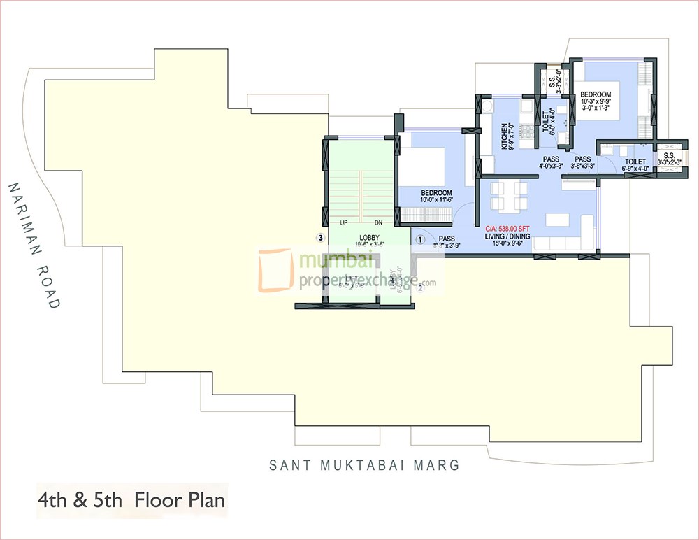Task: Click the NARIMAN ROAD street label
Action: (34, 246)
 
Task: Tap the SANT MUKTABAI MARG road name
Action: (364, 464)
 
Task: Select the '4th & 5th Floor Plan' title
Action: (131, 501)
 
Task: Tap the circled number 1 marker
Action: (420, 239)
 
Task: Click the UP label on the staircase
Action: (343, 223)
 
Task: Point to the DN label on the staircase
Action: (378, 223)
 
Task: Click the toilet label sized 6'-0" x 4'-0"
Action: (549, 120)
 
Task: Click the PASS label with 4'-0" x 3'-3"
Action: (550, 162)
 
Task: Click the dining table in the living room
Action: (507, 197)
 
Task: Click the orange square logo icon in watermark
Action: (276, 270)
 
